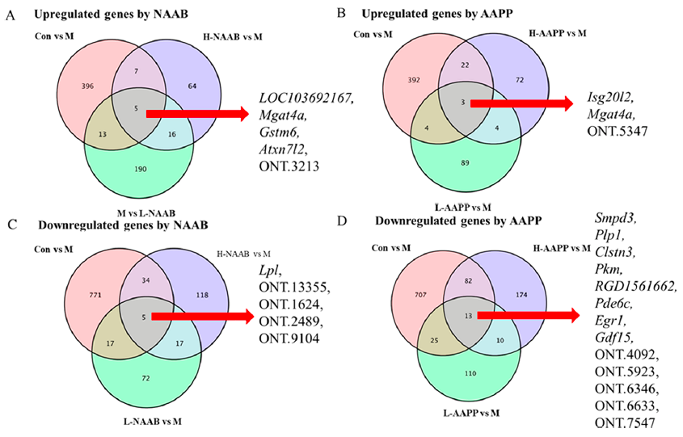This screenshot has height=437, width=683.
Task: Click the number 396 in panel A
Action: point(71,85)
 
